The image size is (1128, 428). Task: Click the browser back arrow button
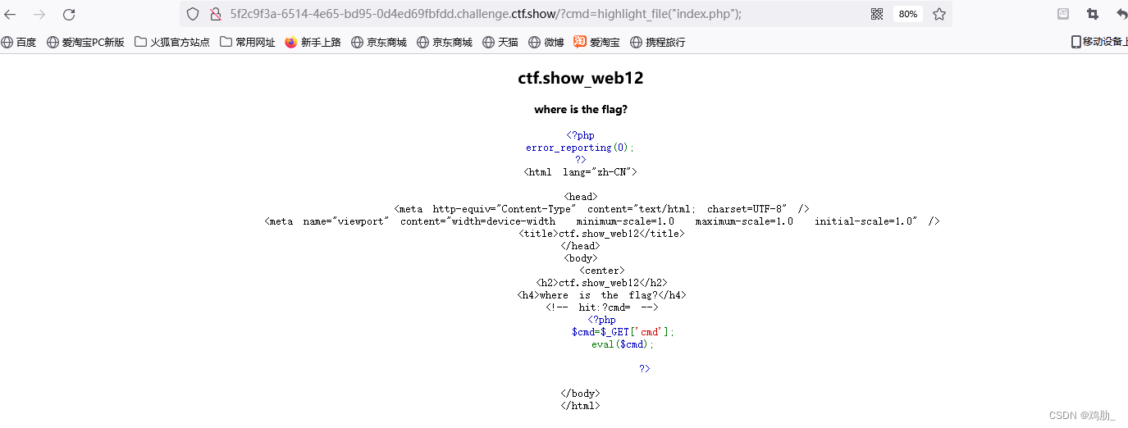pyautogui.click(x=10, y=14)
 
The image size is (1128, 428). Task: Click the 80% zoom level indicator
pyautogui.click(x=907, y=14)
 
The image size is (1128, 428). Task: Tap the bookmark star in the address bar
pyautogui.click(x=939, y=14)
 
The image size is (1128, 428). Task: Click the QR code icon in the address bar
pyautogui.click(x=877, y=14)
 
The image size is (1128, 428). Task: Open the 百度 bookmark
pyautogui.click(x=19, y=42)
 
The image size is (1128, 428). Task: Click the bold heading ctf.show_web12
pyautogui.click(x=580, y=79)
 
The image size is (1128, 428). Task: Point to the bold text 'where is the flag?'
pyautogui.click(x=580, y=109)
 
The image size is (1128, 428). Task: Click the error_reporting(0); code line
pyautogui.click(x=580, y=148)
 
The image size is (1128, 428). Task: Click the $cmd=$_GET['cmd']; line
pyautogui.click(x=623, y=332)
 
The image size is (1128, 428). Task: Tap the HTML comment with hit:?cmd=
pyautogui.click(x=601, y=307)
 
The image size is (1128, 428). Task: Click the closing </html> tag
pyautogui.click(x=580, y=406)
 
